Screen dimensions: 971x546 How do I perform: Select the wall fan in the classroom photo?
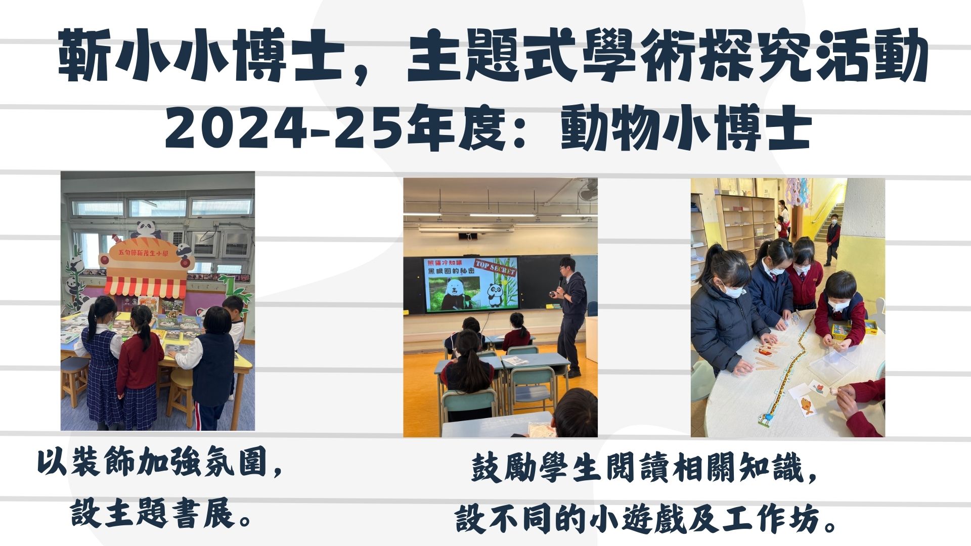pos(587,189)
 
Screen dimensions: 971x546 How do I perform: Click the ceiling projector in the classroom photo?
pos(468,236)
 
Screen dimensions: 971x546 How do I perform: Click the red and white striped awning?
pos(146,286)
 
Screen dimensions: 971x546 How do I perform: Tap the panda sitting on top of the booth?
pos(147,230)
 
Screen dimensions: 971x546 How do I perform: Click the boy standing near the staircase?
pos(832,239)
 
